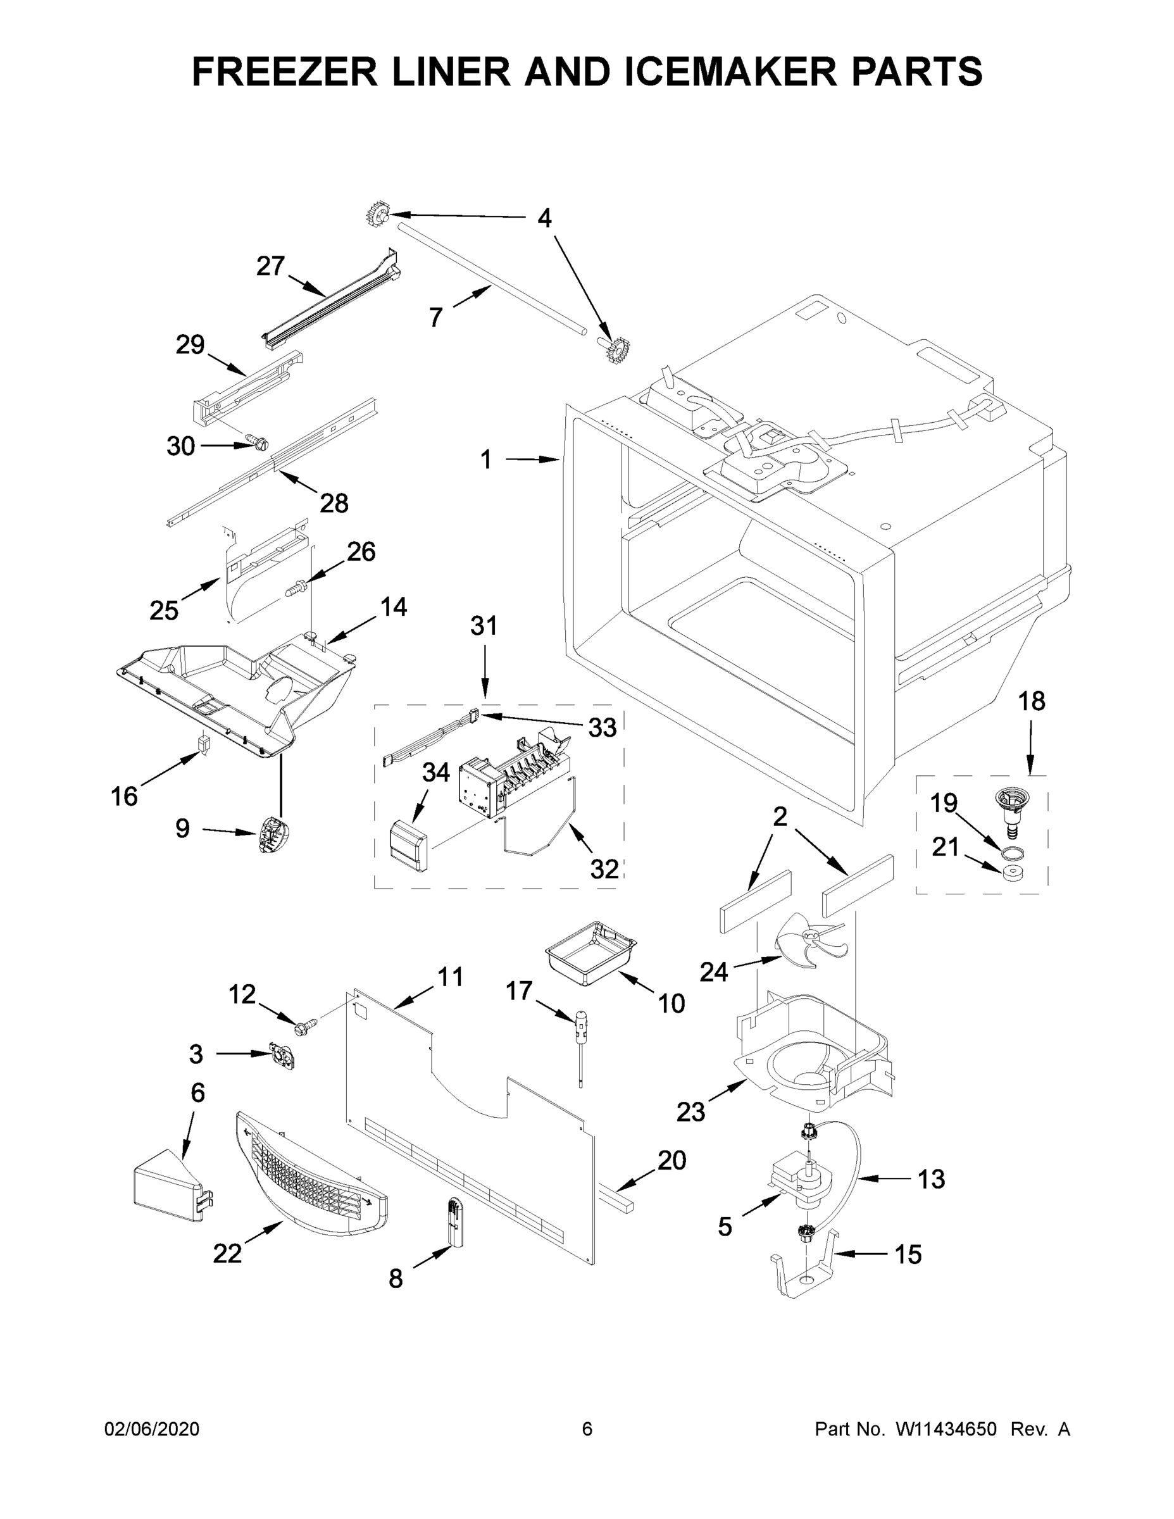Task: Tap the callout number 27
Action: tap(270, 266)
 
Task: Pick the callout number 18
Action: tap(1032, 701)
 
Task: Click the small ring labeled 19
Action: tap(1013, 853)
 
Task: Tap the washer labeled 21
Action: tap(1013, 873)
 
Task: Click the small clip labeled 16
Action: tap(204, 744)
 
